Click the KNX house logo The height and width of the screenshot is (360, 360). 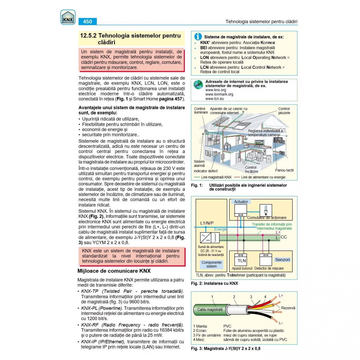pyautogui.click(x=68, y=17)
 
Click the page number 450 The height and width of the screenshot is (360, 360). pyautogui.click(x=87, y=22)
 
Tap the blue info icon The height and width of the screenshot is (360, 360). pyautogui.click(x=198, y=37)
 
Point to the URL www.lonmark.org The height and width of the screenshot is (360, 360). pyautogui.click(x=219, y=94)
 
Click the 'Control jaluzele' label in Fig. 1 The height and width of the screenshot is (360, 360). pyautogui.click(x=284, y=111)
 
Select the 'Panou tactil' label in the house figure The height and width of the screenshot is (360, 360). pyautogui.click(x=284, y=170)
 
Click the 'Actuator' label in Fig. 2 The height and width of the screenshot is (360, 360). pyautogui.click(x=241, y=202)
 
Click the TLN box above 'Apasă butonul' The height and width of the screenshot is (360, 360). pyautogui.click(x=242, y=260)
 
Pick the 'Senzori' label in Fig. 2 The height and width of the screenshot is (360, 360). pyautogui.click(x=282, y=260)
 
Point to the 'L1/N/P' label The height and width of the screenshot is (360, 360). pyautogui.click(x=207, y=223)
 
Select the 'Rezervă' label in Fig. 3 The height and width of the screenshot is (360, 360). pyautogui.click(x=288, y=308)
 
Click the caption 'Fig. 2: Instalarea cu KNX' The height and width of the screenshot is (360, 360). pyautogui.click(x=214, y=283)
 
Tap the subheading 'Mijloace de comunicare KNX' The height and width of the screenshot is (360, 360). pyautogui.click(x=114, y=271)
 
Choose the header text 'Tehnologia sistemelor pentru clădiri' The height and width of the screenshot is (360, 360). pyautogui.click(x=261, y=22)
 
